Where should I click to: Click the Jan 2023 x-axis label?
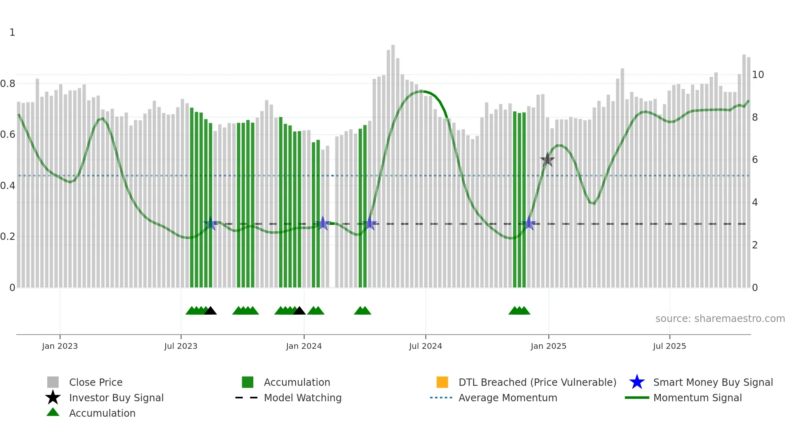pyautogui.click(x=60, y=346)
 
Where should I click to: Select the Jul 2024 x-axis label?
pyautogui.click(x=425, y=346)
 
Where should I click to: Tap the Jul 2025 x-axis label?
pyautogui.click(x=669, y=346)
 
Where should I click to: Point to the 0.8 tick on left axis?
pyautogui.click(x=8, y=84)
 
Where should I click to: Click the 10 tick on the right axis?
pyautogui.click(x=758, y=75)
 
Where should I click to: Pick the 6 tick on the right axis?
pyautogui.click(x=755, y=160)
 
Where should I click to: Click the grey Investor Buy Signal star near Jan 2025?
pyautogui.click(x=547, y=160)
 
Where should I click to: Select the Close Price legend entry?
pyautogui.click(x=96, y=382)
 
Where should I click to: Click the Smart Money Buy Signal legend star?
pyautogui.click(x=637, y=382)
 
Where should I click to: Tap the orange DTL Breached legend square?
pyautogui.click(x=442, y=382)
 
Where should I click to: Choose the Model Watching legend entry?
pyautogui.click(x=303, y=398)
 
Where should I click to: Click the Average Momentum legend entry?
pyautogui.click(x=508, y=398)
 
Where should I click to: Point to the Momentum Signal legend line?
pyautogui.click(x=637, y=398)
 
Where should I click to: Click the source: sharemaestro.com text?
pyautogui.click(x=720, y=319)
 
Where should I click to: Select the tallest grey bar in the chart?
pyautogui.click(x=393, y=163)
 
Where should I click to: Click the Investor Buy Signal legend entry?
pyautogui.click(x=116, y=398)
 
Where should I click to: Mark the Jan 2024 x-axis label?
pyautogui.click(x=304, y=346)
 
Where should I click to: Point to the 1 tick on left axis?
pyautogui.click(x=12, y=33)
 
